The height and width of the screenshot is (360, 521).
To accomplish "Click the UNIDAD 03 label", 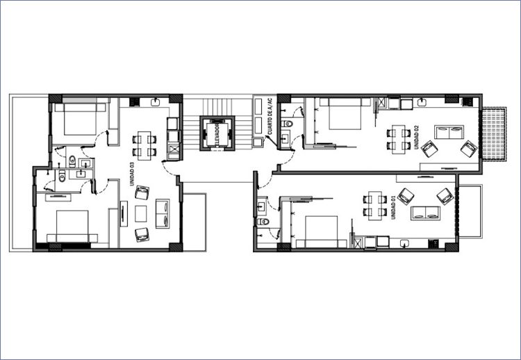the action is click(x=132, y=174).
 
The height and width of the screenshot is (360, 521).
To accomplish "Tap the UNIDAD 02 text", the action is click(x=416, y=138).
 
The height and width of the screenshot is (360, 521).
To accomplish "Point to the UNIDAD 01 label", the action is click(x=393, y=207).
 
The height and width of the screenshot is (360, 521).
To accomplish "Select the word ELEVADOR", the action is click(x=217, y=136).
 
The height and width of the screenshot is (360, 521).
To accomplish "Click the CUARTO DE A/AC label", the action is click(x=270, y=116).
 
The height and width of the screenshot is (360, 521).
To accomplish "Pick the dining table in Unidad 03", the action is click(x=144, y=145).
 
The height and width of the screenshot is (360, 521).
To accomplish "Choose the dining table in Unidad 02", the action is click(x=399, y=139).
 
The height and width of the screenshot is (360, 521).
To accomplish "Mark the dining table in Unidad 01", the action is click(x=375, y=206).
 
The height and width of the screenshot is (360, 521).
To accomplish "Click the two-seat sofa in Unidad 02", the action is click(x=449, y=132).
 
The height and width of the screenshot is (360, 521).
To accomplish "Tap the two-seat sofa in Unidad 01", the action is click(x=426, y=213).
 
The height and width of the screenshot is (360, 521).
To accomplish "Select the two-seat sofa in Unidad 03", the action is click(x=163, y=213).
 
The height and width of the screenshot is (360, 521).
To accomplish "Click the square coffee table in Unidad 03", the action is click(x=141, y=214).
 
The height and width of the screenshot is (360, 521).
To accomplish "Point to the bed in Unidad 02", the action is click(x=345, y=114).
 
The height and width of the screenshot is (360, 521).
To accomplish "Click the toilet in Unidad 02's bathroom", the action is click(x=287, y=124).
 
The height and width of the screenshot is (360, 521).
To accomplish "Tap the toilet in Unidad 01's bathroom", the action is click(x=263, y=222).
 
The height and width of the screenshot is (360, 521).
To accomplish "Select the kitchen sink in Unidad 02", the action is click(x=422, y=101).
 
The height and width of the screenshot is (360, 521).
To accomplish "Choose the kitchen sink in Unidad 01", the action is click(x=404, y=244).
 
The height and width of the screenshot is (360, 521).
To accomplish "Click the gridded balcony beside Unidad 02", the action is click(x=494, y=134).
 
